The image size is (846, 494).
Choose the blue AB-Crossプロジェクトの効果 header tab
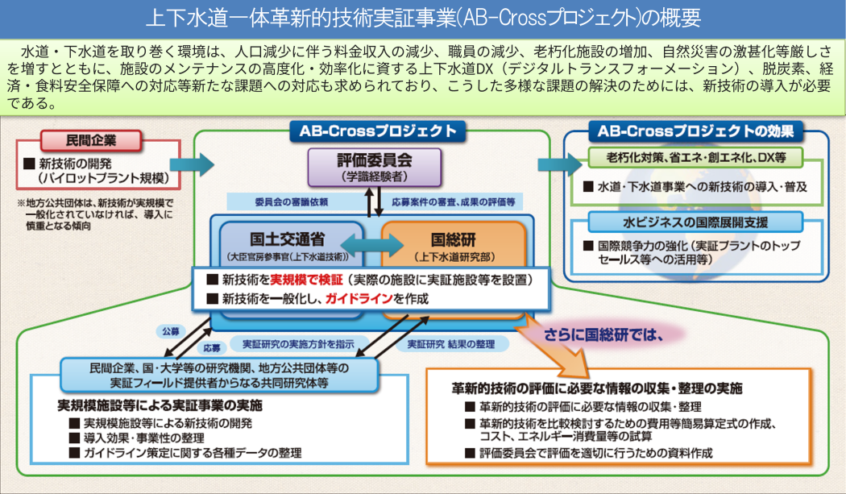coord(695,131)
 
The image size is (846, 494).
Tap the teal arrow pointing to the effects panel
coord(558,164)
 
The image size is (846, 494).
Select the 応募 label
coord(212,349)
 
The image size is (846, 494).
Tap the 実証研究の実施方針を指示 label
coord(292,343)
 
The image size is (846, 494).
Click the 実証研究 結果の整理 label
coord(452,343)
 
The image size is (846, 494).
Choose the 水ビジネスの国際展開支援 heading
coord(695,222)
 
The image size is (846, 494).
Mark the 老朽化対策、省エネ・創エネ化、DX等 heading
coord(695,156)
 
